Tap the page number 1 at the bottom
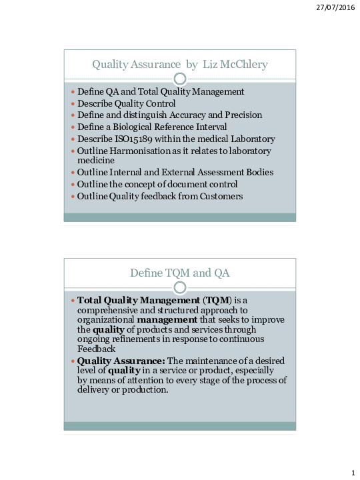352,473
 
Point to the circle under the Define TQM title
179,288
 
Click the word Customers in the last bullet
219,196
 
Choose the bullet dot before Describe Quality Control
73,104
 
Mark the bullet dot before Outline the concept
73,185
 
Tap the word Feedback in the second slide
97,348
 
